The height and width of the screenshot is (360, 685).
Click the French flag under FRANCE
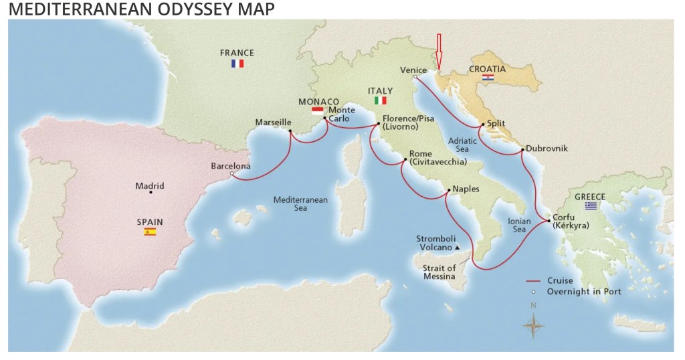coord(237,64)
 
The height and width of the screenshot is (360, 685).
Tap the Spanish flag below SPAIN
coord(150,232)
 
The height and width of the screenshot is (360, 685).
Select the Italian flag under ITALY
coord(380,100)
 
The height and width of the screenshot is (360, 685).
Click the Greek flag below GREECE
coord(591,206)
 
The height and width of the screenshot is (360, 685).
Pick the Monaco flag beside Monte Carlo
coord(318,110)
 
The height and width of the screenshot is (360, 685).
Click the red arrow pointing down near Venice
coord(439,51)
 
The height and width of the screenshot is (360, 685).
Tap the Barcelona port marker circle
coord(231,174)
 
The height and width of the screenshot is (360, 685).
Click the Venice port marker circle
coord(415,77)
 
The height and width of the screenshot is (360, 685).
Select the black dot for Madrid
coord(151,193)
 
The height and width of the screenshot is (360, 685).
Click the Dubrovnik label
coord(547,149)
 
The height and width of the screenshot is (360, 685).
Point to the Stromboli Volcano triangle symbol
coord(457,248)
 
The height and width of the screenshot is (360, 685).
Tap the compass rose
coord(533,325)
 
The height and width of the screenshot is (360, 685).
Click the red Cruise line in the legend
coord(532,281)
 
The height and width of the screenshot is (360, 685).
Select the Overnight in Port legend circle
coord(533,292)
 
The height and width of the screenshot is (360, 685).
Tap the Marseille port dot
coord(290,131)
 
